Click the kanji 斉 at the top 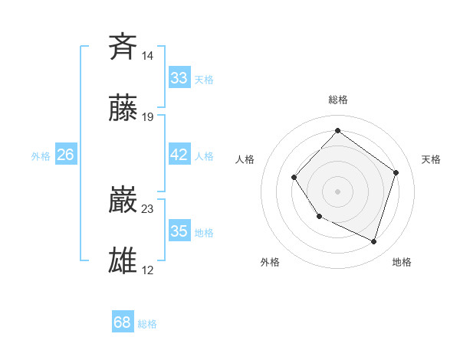(x=123, y=47)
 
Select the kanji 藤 (x=123, y=109)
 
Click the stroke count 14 (x=148, y=56)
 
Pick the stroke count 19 (x=148, y=117)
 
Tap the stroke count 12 (x=148, y=270)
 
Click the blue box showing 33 (x=179, y=77)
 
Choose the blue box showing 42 (x=179, y=155)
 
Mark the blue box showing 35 (x=179, y=231)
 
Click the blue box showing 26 (x=66, y=155)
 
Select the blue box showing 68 (x=123, y=322)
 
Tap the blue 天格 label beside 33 (x=204, y=80)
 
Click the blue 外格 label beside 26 (x=41, y=156)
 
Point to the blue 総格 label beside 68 (x=148, y=324)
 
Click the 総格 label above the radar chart (x=338, y=100)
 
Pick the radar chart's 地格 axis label (x=402, y=262)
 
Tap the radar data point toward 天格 (x=396, y=172)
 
